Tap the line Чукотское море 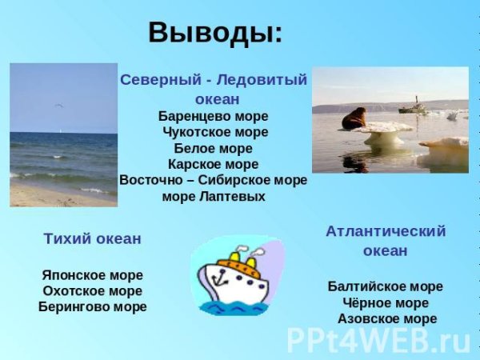coord(214,131)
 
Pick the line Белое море coord(213,148)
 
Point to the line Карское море coord(214,164)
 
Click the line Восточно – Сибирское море coord(213,180)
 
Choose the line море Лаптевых coord(213,196)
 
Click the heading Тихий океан coord(92,238)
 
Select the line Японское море coord(92,274)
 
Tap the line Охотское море coord(92,290)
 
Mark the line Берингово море coord(92,306)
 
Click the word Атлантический coord(386,231)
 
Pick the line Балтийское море coord(386,286)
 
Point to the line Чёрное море coord(386,303)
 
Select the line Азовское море coord(386,319)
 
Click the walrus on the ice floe coord(354,119)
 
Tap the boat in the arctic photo coord(412,105)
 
